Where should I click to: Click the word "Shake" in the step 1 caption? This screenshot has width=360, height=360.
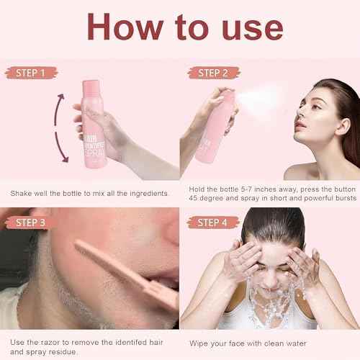coord(21,193)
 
